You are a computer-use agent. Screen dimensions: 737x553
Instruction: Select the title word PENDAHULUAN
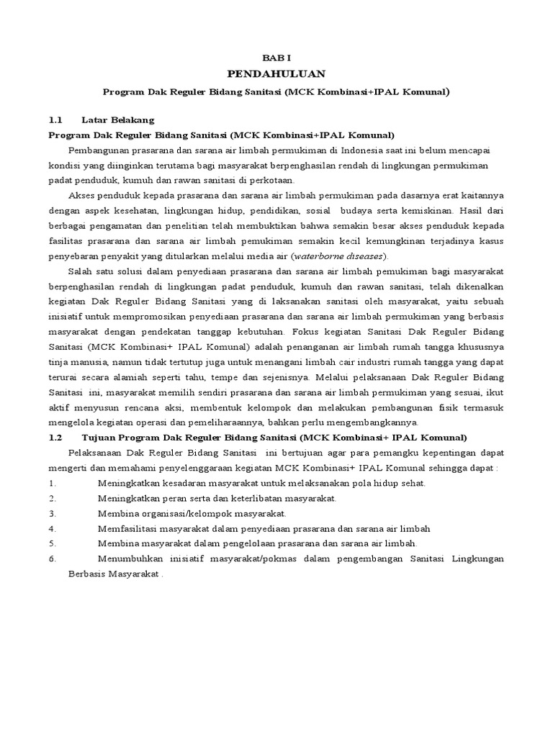pyautogui.click(x=276, y=73)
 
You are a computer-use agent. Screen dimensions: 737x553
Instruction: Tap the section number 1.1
pyautogui.click(x=55, y=119)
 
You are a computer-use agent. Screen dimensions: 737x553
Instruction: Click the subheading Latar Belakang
pyautogui.click(x=118, y=119)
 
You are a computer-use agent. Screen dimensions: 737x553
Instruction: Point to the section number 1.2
pyautogui.click(x=55, y=437)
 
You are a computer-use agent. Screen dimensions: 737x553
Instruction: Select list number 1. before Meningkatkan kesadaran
pyautogui.click(x=52, y=482)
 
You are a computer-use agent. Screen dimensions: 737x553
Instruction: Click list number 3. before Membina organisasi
pyautogui.click(x=52, y=512)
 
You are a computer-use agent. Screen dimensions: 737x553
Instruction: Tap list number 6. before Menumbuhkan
pyautogui.click(x=52, y=558)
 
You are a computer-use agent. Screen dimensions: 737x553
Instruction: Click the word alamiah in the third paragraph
pyautogui.click(x=150, y=376)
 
